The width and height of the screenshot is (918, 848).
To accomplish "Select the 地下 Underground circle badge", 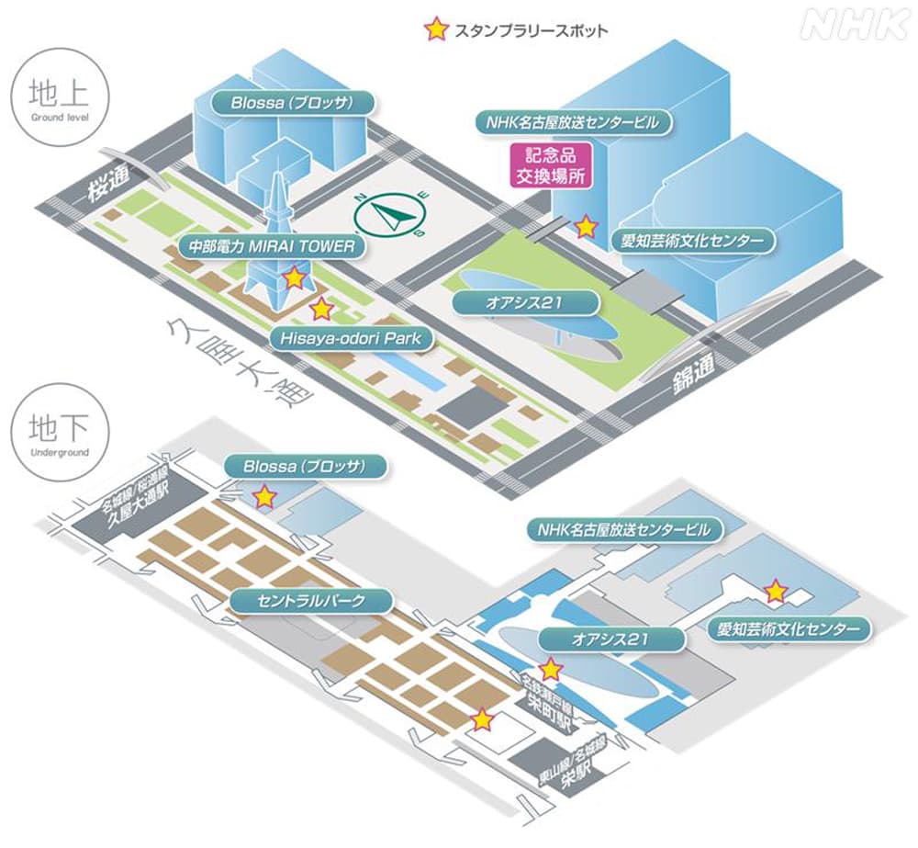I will click(x=59, y=433).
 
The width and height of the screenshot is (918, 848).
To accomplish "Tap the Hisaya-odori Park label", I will click(x=352, y=338).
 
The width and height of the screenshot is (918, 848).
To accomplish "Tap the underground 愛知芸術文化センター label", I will click(x=789, y=629).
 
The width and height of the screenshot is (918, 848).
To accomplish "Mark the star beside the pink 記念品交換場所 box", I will click(x=585, y=226).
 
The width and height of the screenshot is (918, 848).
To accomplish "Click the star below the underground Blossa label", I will click(x=264, y=497).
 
